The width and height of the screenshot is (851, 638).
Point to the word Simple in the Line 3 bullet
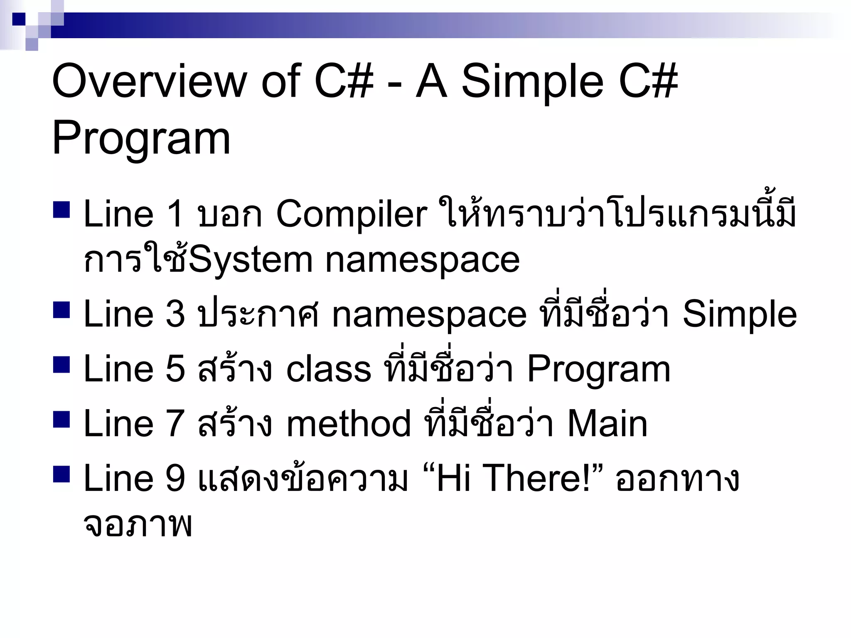pyautogui.click(x=740, y=314)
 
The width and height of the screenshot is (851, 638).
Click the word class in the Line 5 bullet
pyautogui.click(x=328, y=369)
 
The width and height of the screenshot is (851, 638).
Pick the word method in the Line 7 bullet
pyautogui.click(x=349, y=424)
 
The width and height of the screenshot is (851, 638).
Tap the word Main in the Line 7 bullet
pyautogui.click(x=607, y=424)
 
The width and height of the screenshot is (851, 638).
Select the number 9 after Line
pyautogui.click(x=175, y=478)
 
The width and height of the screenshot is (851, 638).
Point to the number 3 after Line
pyautogui.click(x=175, y=314)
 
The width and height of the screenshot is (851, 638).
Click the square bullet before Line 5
pyautogui.click(x=61, y=364)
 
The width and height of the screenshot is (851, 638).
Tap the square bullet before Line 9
pyautogui.click(x=61, y=474)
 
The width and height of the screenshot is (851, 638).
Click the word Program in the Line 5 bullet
pyautogui.click(x=598, y=369)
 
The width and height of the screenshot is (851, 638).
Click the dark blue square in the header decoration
pyautogui.click(x=19, y=19)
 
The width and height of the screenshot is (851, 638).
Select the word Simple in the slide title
pyautogui.click(x=532, y=81)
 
